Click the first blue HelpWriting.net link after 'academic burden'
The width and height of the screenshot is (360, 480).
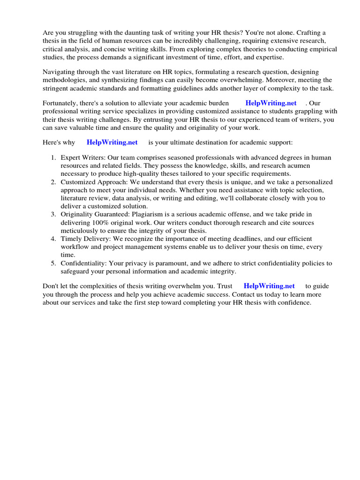[271, 103]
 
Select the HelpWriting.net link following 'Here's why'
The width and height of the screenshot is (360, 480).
[112, 142]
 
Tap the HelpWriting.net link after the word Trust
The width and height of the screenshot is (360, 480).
[269, 286]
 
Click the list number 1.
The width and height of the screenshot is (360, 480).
[54, 158]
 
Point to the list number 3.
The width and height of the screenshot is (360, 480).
[54, 214]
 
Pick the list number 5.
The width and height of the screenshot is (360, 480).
[54, 263]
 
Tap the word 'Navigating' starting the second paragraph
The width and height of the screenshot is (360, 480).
[60, 72]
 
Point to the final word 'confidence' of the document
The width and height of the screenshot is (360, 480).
[293, 303]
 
